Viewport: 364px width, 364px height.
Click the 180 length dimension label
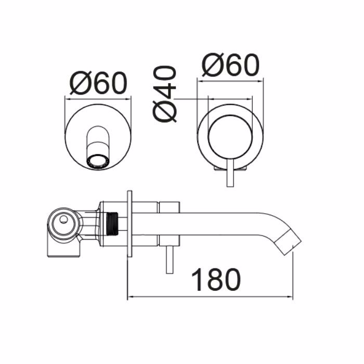click(x=216, y=280)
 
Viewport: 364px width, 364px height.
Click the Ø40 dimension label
click(x=165, y=94)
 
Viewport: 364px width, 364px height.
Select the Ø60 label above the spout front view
click(x=98, y=83)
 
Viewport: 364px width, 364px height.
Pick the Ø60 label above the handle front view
click(x=230, y=64)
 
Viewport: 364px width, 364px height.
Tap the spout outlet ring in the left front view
click(x=98, y=161)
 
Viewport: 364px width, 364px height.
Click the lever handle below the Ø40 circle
click(x=230, y=173)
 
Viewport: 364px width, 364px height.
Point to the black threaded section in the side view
click(x=112, y=223)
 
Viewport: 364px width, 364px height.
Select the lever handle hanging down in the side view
click(x=170, y=259)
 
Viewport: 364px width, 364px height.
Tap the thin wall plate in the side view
click(x=129, y=224)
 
